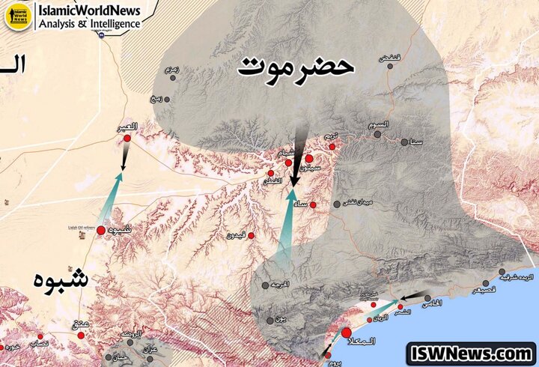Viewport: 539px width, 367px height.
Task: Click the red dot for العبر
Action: pyautogui.click(x=128, y=139)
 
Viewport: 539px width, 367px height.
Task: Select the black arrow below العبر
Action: pyautogui.click(x=125, y=157)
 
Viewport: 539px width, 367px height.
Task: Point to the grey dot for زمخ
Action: pyautogui.click(x=166, y=99)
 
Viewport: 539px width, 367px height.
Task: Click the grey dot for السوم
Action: pyautogui.click(x=378, y=135)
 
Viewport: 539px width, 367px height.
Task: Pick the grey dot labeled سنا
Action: pyautogui.click(x=404, y=142)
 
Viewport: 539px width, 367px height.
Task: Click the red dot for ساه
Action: pyautogui.click(x=313, y=204)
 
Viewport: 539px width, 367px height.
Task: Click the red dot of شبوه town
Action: pyautogui.click(x=101, y=230)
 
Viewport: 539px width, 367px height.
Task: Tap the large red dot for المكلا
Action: pyautogui.click(x=347, y=332)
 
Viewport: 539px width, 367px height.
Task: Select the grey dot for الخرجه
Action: pyautogui.click(x=265, y=285)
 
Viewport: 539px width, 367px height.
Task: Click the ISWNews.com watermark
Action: pyautogui.click(x=470, y=353)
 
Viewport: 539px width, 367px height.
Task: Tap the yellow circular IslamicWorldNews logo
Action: pyautogui.click(x=16, y=16)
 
